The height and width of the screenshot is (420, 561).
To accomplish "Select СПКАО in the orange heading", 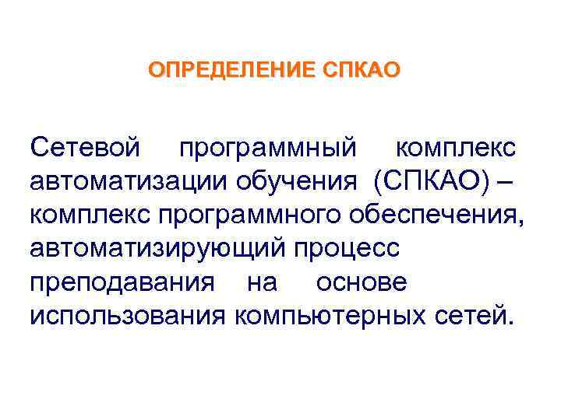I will tap(362, 71).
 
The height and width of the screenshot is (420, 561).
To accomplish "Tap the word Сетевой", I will tap(86, 146).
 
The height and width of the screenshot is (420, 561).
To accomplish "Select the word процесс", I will tap(347, 248).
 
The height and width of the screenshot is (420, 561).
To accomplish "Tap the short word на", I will tap(261, 282).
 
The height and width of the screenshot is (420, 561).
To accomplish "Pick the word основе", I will tap(361, 282).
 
